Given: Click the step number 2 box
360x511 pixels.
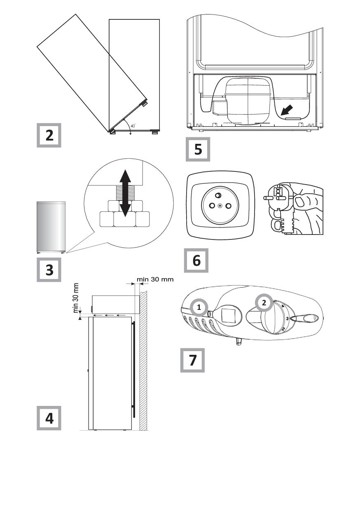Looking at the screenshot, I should click(x=49, y=135).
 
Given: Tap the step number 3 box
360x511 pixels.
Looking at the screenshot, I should click(x=49, y=270).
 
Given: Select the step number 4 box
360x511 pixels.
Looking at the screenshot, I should click(x=49, y=418).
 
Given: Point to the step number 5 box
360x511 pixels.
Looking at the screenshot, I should click(x=198, y=149).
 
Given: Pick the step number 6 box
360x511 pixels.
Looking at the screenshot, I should click(x=196, y=260).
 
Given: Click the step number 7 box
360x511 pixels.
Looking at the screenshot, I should click(x=192, y=360).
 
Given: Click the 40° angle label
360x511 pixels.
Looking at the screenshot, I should click(x=133, y=126).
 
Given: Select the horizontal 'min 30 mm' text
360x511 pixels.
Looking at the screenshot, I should click(x=155, y=279).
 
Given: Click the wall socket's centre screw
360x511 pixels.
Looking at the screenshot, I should click(x=220, y=206).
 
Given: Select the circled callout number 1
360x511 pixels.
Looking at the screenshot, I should click(x=199, y=307).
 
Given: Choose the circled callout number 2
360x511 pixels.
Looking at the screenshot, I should click(x=264, y=303).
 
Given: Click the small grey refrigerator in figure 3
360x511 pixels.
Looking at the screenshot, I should click(x=51, y=227).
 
